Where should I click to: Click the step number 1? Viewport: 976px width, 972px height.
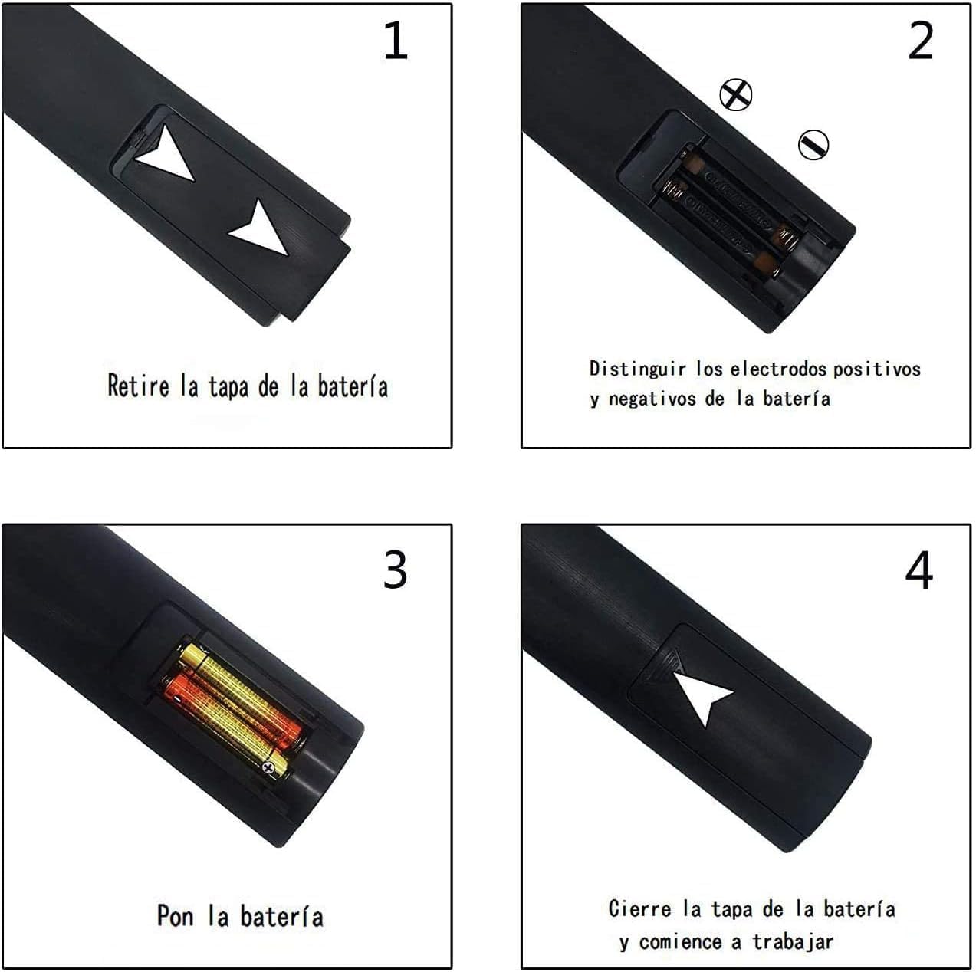[395, 41]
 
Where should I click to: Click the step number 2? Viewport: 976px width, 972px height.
[920, 41]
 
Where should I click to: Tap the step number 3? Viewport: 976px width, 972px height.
[395, 570]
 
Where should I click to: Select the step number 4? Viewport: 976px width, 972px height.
[918, 570]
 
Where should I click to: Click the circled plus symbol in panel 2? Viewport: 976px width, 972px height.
[736, 94]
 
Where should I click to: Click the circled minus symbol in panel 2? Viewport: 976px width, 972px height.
[813, 144]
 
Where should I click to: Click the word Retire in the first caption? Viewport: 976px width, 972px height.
[138, 385]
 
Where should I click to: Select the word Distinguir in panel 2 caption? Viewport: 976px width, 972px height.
[637, 369]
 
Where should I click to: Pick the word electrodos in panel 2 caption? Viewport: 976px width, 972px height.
[778, 369]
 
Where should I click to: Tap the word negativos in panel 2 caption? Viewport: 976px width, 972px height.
[654, 399]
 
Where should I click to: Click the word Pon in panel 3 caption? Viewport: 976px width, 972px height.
[175, 915]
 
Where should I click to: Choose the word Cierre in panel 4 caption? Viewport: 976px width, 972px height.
[640, 909]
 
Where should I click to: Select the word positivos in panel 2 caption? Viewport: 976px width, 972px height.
[876, 369]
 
